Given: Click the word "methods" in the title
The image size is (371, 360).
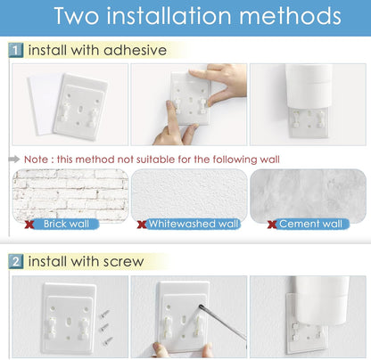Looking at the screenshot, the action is click(290, 16).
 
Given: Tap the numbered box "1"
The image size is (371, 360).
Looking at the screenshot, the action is click(16, 50).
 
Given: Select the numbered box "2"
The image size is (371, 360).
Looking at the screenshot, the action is click(16, 262).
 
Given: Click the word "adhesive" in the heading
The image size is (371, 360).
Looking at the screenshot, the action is click(135, 50).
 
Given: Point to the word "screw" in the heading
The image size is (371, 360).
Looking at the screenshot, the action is click(124, 262).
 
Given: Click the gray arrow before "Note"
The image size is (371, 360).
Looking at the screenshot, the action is click(13, 160).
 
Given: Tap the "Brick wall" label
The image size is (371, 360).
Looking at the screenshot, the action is click(66, 224).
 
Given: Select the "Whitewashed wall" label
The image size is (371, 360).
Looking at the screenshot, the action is click(194, 224).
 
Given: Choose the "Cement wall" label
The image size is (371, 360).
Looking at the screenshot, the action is click(310, 224).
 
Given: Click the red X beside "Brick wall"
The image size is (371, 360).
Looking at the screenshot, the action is click(29, 225).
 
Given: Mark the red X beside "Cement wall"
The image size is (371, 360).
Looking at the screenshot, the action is click(272, 225).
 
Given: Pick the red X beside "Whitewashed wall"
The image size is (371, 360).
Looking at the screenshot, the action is click(142, 225).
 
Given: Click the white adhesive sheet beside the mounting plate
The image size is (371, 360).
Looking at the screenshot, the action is click(43, 104).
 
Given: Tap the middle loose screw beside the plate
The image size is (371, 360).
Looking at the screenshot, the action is click(104, 327).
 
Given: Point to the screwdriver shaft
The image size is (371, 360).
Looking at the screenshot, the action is click(222, 322).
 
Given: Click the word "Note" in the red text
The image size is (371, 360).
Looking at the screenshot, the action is click(36, 160).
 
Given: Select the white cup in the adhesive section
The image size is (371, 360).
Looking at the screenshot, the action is click(309, 86).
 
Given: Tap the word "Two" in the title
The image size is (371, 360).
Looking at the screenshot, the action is click(76, 16).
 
